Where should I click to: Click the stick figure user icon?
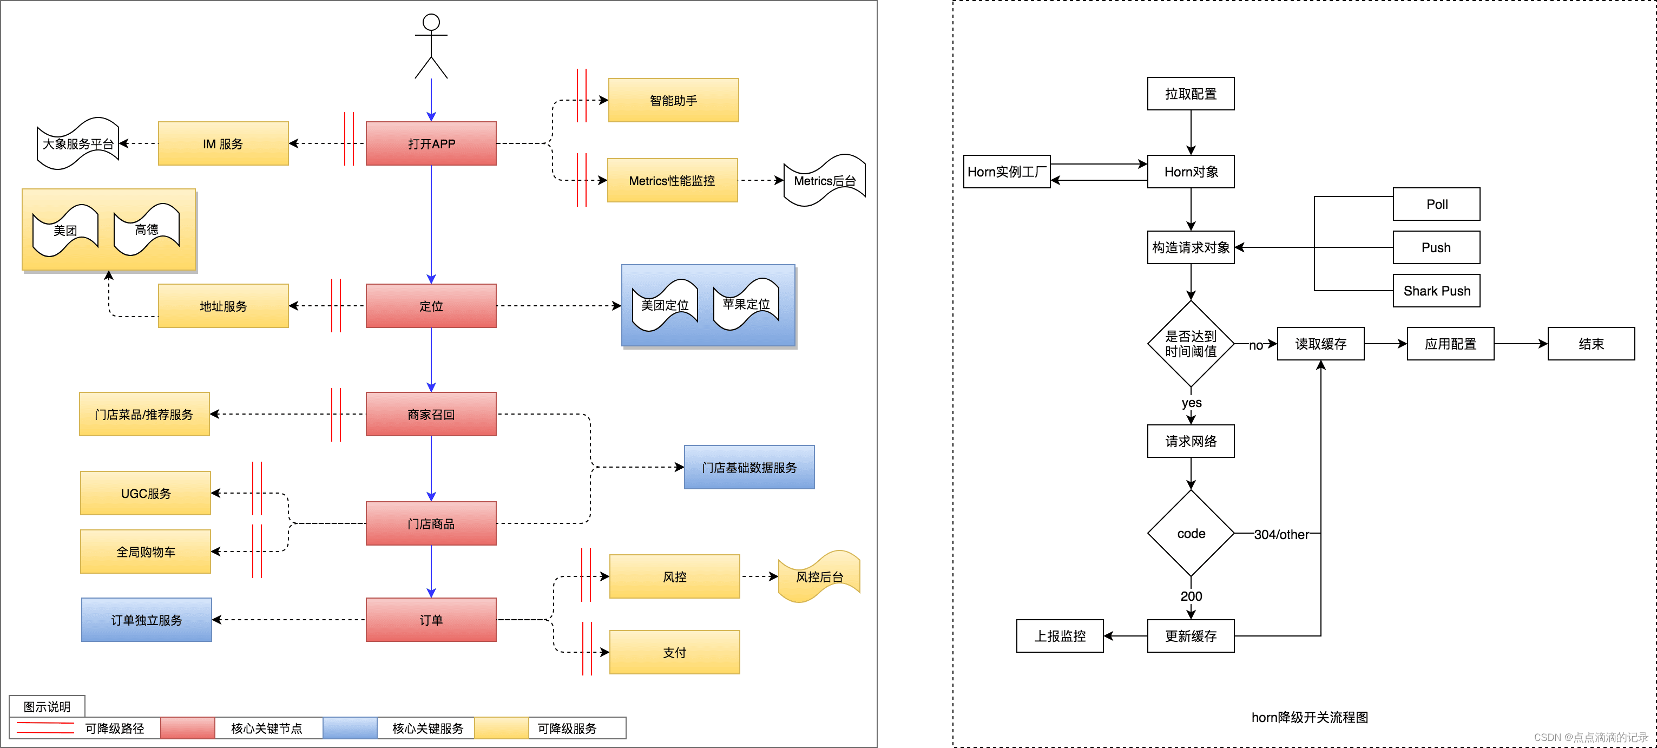(431, 47)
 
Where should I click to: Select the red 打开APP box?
(431, 143)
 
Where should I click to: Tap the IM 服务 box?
(223, 143)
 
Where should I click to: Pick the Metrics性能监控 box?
(672, 181)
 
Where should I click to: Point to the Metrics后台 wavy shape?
(825, 181)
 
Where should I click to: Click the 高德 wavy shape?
(147, 229)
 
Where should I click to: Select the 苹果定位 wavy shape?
(746, 304)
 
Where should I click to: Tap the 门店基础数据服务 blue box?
(749, 468)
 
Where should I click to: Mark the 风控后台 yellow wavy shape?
(819, 577)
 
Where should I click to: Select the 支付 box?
(675, 652)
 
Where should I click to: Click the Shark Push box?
(1436, 291)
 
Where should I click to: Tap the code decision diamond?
(1191, 533)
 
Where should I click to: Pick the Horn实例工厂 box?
(1007, 172)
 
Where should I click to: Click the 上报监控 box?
(1060, 636)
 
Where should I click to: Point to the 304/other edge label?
(1281, 534)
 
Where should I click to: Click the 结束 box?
(1591, 344)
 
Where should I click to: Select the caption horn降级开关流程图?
(1310, 717)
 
